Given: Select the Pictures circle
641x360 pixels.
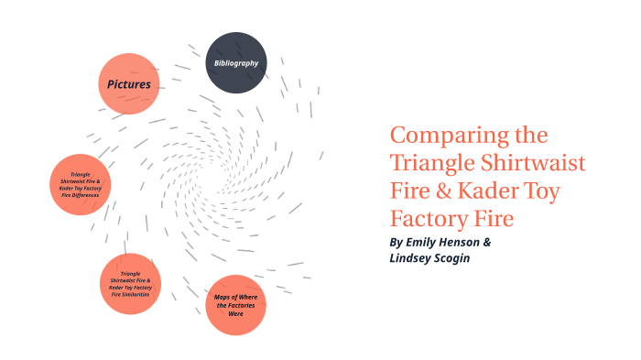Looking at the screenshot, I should tap(129, 84).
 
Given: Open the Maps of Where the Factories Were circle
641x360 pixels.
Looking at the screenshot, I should tap(235, 306).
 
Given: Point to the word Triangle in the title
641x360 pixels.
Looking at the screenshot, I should tap(429, 164).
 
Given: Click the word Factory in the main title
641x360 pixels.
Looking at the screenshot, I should tap(429, 221).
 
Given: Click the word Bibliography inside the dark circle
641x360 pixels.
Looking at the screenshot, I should tap(236, 63).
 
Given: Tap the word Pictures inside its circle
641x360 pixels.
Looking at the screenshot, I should tap(129, 84).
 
